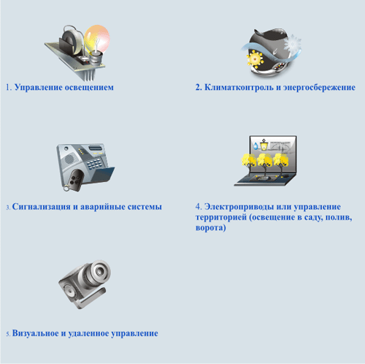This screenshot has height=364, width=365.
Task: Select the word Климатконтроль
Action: tap(233, 88)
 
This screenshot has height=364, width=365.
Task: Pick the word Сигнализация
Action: tap(42, 207)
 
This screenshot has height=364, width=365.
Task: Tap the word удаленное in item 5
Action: tap(96, 333)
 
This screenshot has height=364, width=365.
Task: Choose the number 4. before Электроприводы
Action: tap(199, 207)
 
